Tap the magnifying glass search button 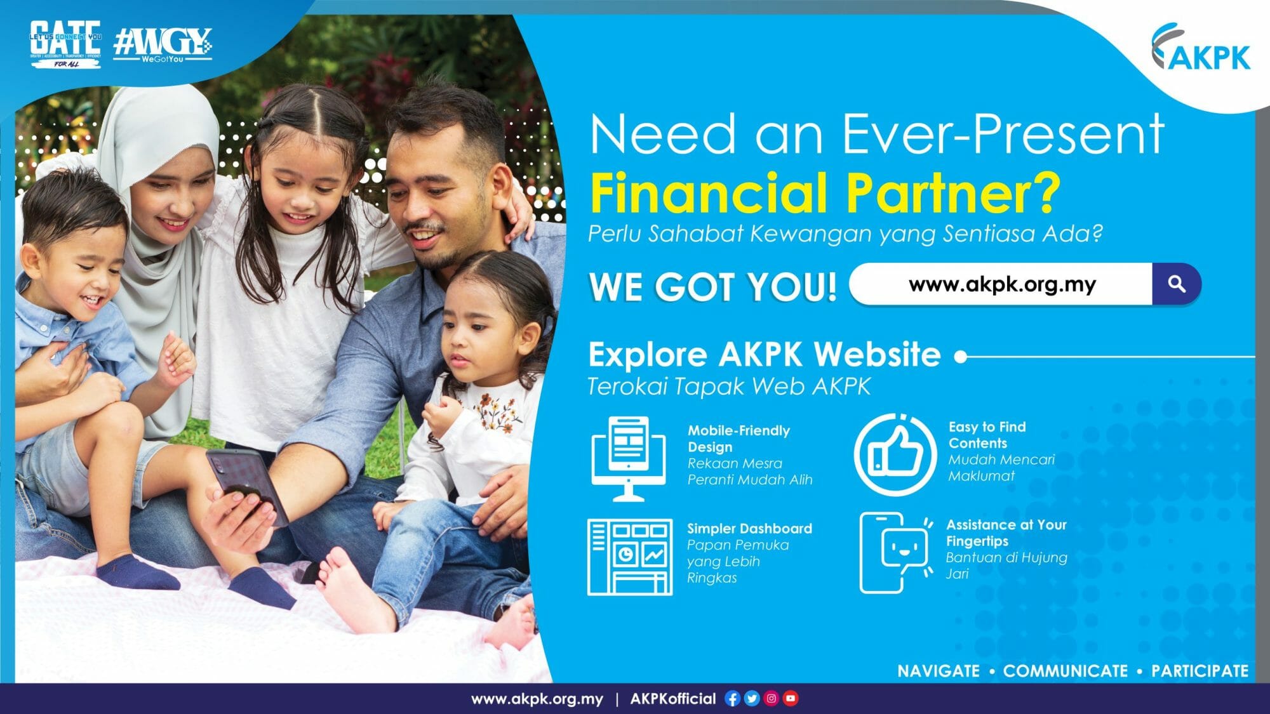(x=1177, y=284)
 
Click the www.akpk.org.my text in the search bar (x=1002, y=284)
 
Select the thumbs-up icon (x=895, y=454)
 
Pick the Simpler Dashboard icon (x=629, y=557)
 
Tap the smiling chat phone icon (x=895, y=552)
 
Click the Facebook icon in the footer (x=732, y=699)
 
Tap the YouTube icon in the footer (x=791, y=699)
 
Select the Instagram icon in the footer (x=772, y=699)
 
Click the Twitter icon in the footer (x=752, y=699)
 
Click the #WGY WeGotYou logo (x=163, y=44)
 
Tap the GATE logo (x=65, y=43)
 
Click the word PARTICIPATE (x=1200, y=671)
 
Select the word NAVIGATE (x=938, y=671)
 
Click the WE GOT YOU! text (x=712, y=286)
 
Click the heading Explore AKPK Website (x=764, y=354)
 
